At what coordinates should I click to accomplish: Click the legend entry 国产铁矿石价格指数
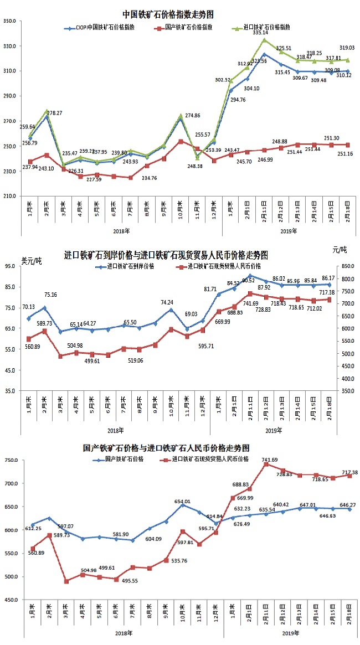pyautogui.click(x=189, y=27)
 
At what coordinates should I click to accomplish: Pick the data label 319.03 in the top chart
pyautogui.click(x=347, y=48)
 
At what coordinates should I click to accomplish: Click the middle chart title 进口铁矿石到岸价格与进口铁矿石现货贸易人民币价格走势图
pyautogui.click(x=166, y=255)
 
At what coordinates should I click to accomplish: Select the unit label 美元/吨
pyautogui.click(x=32, y=260)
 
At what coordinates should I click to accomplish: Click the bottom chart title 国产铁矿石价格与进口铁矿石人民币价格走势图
pyautogui.click(x=166, y=447)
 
